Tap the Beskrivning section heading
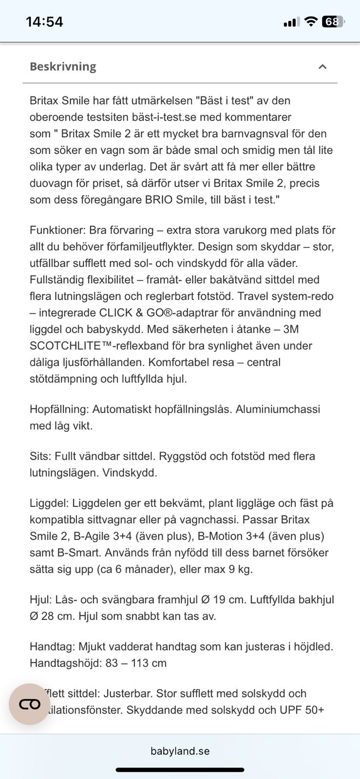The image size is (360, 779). pyautogui.click(x=63, y=66)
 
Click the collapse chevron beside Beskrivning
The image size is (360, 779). pyautogui.click(x=322, y=67)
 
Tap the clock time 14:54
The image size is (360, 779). pyautogui.click(x=44, y=22)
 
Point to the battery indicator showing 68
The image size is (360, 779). pyautogui.click(x=333, y=22)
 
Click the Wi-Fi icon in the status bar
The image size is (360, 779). pyautogui.click(x=310, y=21)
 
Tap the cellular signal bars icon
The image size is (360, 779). pyautogui.click(x=291, y=22)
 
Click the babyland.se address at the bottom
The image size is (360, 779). pyautogui.click(x=180, y=751)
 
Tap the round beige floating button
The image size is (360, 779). pyautogui.click(x=30, y=704)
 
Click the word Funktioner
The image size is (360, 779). pyautogui.click(x=57, y=230)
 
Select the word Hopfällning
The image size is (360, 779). pyautogui.click(x=59, y=409)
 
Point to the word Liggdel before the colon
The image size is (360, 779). pyautogui.click(x=49, y=503)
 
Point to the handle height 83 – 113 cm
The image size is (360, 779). pyautogui.click(x=135, y=663)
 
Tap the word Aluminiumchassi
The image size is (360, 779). pyautogui.click(x=278, y=409)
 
